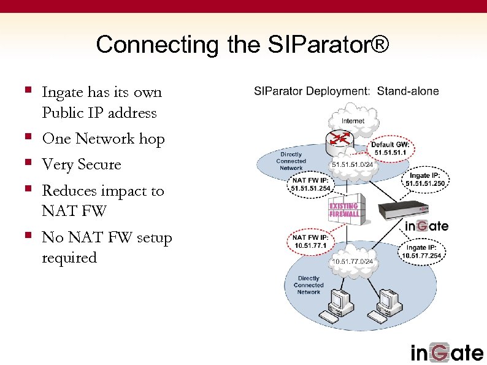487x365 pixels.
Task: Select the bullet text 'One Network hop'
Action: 103,139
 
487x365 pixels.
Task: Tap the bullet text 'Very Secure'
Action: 82,165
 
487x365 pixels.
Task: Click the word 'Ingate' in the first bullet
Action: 63,93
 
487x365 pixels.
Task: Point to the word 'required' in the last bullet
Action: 69,258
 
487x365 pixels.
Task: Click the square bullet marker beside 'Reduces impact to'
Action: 28,191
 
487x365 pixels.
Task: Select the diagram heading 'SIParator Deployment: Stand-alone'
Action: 347,91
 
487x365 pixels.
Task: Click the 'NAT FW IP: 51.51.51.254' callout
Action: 311,184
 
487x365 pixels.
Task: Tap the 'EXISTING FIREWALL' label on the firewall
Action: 345,210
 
